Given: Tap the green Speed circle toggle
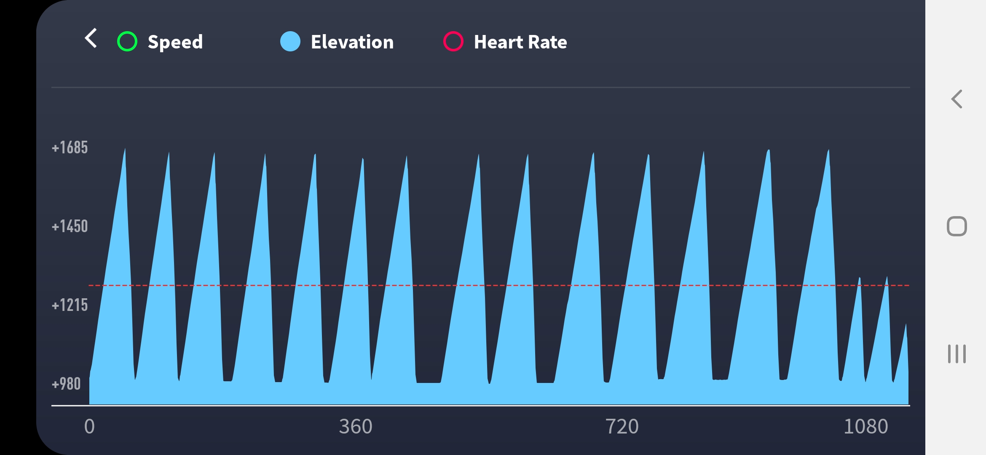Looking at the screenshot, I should (x=127, y=42).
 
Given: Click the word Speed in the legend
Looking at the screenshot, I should (x=175, y=42).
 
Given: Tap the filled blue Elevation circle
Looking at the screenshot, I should (x=290, y=42).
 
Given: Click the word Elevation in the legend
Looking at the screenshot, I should (x=352, y=42).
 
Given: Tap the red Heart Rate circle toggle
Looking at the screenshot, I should (x=453, y=42).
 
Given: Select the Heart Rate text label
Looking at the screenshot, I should (x=520, y=42).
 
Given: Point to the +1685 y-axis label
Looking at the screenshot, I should (x=70, y=148).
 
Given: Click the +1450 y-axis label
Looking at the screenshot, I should (x=70, y=227).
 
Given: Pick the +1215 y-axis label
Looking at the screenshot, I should (x=70, y=305).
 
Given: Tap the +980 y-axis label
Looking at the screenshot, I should (x=66, y=384).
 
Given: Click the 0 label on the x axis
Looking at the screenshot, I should (x=89, y=426).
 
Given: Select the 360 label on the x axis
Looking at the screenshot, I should (x=356, y=426).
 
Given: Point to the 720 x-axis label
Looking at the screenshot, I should (x=622, y=426).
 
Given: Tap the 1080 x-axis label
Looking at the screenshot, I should (x=865, y=426).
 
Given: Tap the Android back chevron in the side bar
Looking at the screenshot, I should (x=957, y=99).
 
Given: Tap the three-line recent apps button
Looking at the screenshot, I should (x=957, y=354).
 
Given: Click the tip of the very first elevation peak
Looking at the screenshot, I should (x=125, y=149).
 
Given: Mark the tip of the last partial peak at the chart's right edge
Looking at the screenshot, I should (x=906, y=325).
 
